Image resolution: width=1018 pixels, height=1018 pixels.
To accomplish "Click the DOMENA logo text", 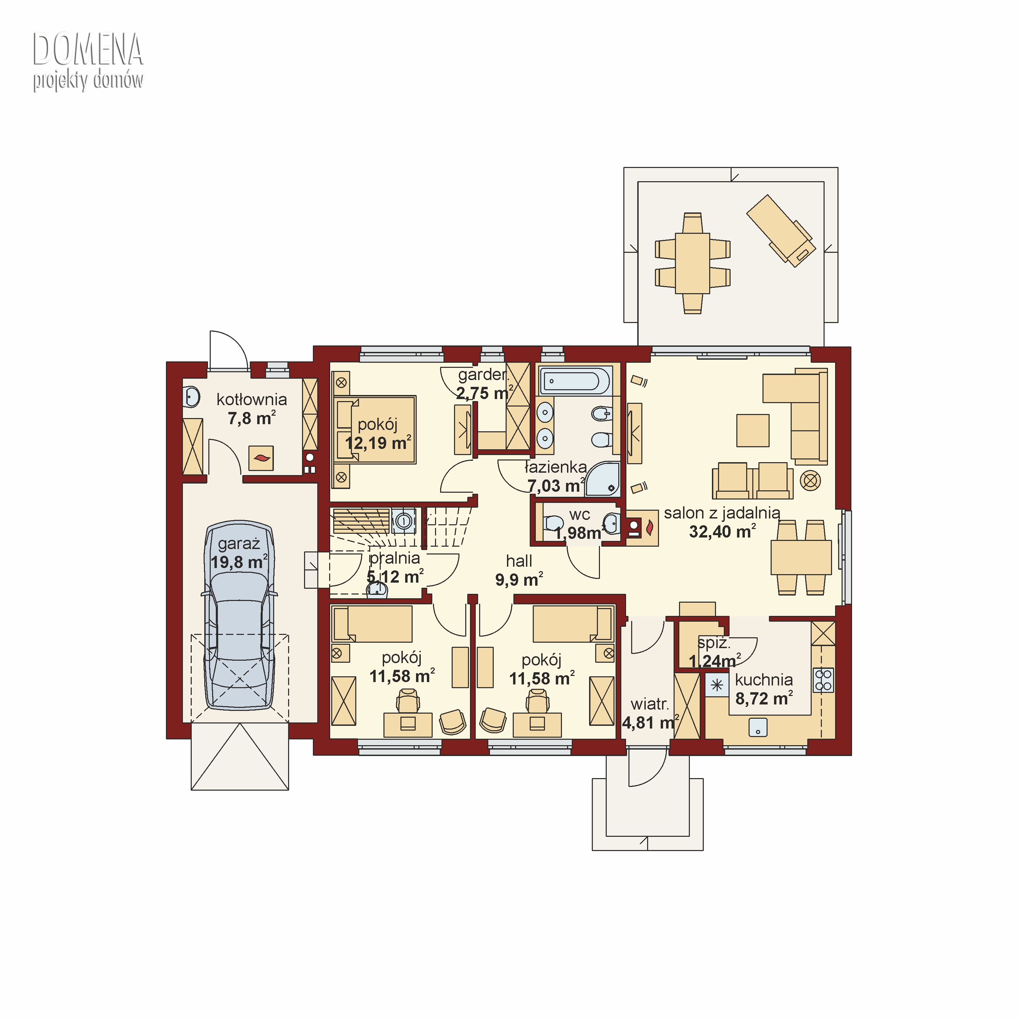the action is pyautogui.click(x=88, y=50).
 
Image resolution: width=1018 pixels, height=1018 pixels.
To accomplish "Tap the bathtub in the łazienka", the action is pyautogui.click(x=575, y=380).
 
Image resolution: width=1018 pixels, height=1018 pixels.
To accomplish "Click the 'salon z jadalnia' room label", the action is pyautogui.click(x=722, y=513).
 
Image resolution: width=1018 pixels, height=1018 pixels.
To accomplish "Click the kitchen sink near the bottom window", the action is pyautogui.click(x=758, y=728).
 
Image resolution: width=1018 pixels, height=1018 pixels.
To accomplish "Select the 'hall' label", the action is pyautogui.click(x=519, y=561).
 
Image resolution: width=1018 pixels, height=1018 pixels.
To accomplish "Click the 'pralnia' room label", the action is pyautogui.click(x=395, y=558).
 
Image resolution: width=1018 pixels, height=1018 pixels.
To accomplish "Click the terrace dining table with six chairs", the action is pyautogui.click(x=692, y=263).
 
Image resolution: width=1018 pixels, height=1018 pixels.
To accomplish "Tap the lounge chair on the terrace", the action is pyautogui.click(x=781, y=230).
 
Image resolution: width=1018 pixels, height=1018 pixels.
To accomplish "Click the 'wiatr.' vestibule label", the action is pyautogui.click(x=650, y=704).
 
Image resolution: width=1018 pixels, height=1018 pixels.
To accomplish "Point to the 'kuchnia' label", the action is pyautogui.click(x=764, y=680).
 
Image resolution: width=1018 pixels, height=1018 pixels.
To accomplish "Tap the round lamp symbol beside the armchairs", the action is pyautogui.click(x=810, y=480).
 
